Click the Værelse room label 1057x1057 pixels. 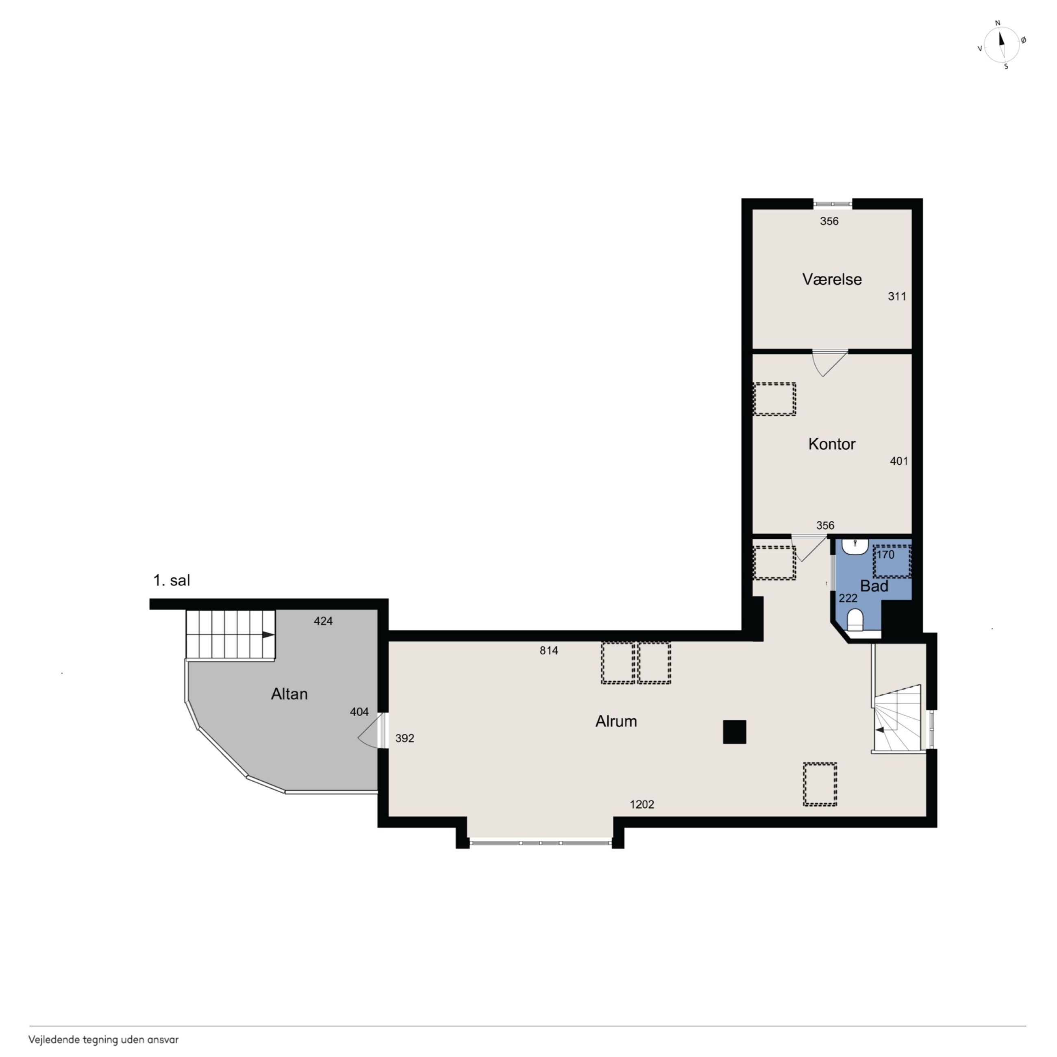click(x=832, y=280)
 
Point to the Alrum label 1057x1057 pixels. click(x=616, y=721)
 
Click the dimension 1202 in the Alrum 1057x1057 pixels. click(x=642, y=804)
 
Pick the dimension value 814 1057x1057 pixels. click(x=549, y=650)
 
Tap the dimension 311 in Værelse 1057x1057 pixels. click(x=897, y=296)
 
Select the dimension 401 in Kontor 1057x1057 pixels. click(x=899, y=461)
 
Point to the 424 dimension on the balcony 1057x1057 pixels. click(x=323, y=621)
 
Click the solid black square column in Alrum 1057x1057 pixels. click(x=734, y=732)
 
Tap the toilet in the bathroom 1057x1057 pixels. click(x=855, y=620)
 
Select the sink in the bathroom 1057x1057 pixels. click(x=855, y=546)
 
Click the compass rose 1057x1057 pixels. click(x=1001, y=45)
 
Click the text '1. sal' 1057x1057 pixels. click(x=172, y=581)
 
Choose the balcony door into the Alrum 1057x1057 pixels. click(x=372, y=731)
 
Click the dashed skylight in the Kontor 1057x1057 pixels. click(x=774, y=399)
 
